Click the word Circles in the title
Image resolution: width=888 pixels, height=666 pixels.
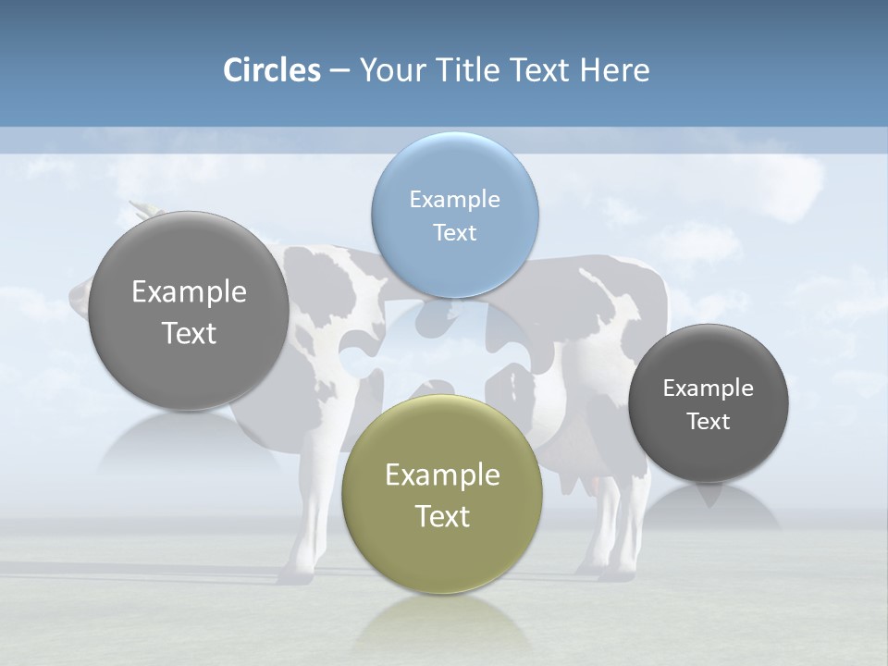(271, 70)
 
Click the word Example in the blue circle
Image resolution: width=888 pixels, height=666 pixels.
(454, 199)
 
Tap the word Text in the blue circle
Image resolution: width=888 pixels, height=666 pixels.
(454, 232)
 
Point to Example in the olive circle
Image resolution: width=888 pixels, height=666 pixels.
(442, 475)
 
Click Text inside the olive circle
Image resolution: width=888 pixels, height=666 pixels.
(442, 516)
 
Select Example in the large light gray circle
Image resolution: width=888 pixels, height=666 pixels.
(189, 291)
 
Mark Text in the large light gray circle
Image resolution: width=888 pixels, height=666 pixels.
(189, 333)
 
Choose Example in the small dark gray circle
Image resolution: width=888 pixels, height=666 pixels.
(709, 388)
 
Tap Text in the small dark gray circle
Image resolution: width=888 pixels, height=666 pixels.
(709, 421)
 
